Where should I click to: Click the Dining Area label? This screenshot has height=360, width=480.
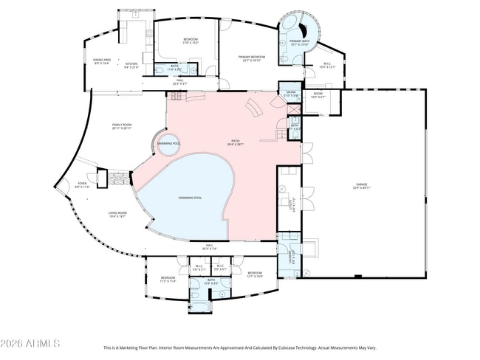(101, 62)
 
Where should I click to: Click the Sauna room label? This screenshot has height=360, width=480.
(290, 94)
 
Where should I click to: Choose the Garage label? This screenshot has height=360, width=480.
(361, 186)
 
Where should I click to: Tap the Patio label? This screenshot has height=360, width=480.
(235, 144)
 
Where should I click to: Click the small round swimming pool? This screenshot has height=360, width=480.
(169, 143)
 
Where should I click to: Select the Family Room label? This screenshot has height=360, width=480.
(121, 127)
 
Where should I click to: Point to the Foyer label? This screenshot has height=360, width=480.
(81, 186)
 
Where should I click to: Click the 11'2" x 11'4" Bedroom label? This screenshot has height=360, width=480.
(168, 279)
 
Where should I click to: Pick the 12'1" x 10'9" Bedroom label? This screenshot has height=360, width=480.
(255, 274)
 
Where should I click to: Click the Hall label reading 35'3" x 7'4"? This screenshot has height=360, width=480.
(209, 246)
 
